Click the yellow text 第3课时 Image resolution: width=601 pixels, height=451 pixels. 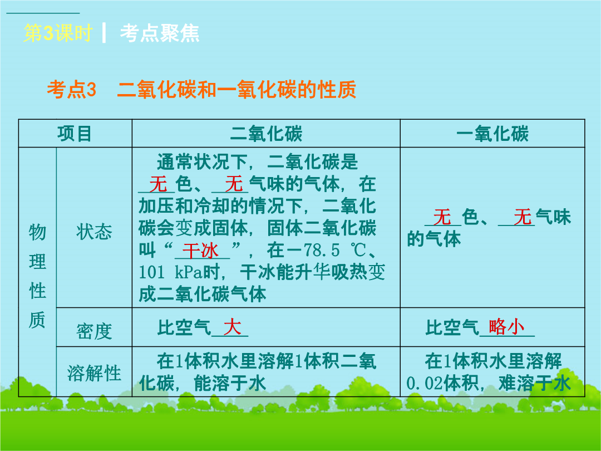(57, 33)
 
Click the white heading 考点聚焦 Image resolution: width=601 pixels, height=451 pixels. (160, 33)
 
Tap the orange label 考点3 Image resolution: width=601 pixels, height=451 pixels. (71, 90)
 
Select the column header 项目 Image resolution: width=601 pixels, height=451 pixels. (75, 134)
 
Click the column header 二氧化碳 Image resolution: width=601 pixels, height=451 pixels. (266, 134)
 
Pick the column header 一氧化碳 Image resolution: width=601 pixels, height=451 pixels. (492, 134)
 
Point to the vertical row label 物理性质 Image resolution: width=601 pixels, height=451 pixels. (37, 276)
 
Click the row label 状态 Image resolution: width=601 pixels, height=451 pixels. (94, 232)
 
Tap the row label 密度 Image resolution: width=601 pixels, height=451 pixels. (94, 331)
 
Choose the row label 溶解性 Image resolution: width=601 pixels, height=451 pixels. (94, 372)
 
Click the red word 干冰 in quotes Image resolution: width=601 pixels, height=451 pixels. (200, 251)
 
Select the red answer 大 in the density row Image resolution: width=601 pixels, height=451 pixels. (232, 327)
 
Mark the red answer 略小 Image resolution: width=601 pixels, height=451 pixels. (507, 327)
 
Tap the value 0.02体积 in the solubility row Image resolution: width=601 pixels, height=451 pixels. (442, 383)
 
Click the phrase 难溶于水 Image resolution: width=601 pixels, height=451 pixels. (535, 383)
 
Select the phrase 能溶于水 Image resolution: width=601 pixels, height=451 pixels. (230, 383)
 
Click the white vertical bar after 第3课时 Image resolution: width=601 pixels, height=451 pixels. (104, 33)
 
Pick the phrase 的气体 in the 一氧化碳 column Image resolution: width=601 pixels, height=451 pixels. (433, 239)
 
